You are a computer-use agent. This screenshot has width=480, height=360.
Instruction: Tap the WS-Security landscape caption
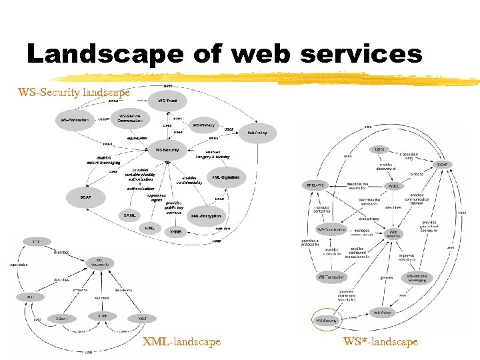[74, 91]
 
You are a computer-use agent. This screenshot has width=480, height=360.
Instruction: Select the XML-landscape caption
[181, 341]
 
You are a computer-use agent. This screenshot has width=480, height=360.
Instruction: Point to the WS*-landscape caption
[381, 341]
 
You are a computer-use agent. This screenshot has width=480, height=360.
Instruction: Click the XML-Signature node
[226, 177]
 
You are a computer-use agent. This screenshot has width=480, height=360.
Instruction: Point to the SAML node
[130, 215]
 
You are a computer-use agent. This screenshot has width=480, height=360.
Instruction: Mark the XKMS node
[175, 231]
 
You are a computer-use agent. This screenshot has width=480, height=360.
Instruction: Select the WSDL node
[393, 186]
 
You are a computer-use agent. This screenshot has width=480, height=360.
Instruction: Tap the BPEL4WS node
[314, 185]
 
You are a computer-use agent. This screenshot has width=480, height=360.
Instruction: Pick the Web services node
[394, 234]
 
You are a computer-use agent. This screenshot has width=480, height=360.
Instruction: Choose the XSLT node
[143, 318]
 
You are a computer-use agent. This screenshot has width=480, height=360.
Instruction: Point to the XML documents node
[99, 263]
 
